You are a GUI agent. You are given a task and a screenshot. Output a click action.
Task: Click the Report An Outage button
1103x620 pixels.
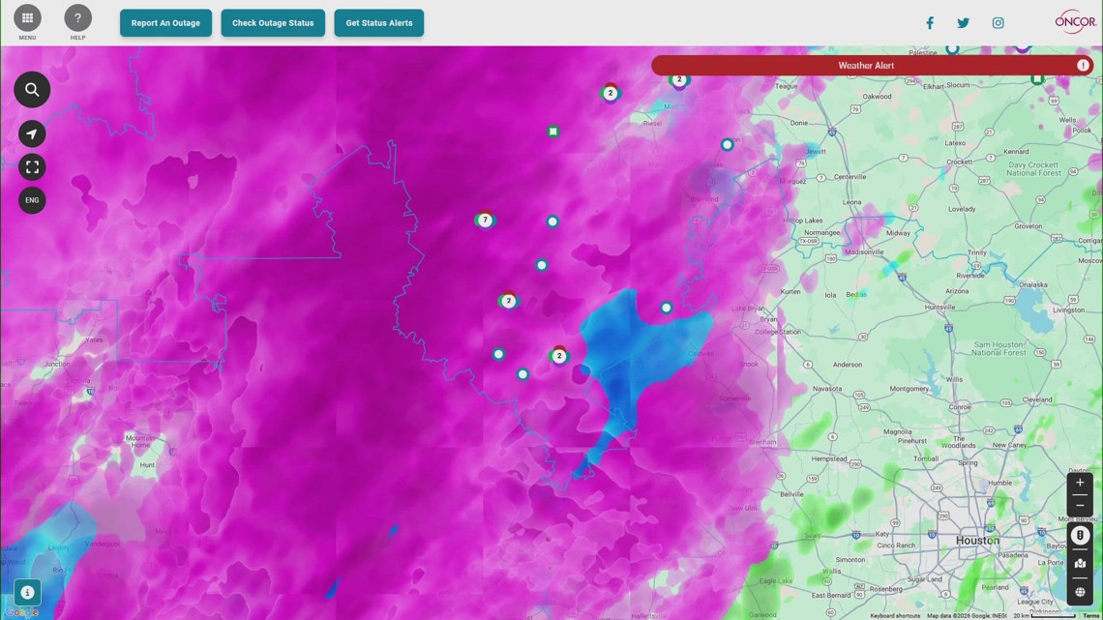165,23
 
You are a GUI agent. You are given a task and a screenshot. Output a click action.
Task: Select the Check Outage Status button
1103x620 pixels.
273,23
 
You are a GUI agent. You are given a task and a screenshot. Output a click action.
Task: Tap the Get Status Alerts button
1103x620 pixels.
378,23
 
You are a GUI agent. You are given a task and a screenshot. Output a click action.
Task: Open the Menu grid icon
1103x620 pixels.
27,18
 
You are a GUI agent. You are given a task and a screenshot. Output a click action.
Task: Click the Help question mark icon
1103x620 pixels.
77,18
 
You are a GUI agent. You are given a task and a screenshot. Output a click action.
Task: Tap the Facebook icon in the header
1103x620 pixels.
930,23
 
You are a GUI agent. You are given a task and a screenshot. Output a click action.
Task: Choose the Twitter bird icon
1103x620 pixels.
963,23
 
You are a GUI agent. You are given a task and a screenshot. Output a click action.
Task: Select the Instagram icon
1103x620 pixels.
998,23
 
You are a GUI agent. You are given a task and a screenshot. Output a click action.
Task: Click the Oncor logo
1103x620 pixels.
1075,21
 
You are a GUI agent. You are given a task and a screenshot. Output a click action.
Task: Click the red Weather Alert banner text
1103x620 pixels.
866,66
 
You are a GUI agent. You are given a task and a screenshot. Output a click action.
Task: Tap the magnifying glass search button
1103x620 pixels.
32,90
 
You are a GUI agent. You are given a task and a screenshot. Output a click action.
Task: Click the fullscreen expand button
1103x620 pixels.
32,167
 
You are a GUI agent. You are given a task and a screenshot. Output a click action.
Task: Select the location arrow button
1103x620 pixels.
32,134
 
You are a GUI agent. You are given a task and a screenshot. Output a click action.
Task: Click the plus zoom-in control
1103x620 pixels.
1080,483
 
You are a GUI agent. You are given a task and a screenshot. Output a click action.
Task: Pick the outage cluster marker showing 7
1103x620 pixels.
485,221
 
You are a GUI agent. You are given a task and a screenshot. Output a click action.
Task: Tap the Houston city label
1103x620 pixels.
977,540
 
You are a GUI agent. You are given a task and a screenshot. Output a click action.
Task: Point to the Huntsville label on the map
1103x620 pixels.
939,308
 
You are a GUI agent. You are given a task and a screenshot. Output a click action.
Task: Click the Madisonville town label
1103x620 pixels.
864,251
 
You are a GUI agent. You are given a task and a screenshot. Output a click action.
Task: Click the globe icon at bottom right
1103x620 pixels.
1080,592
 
